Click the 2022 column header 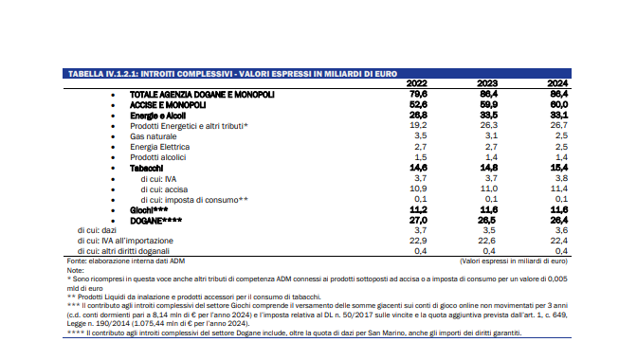point(417,83)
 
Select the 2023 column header point(487,83)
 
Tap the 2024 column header point(557,83)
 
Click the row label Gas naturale point(154,136)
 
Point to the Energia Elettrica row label point(159,147)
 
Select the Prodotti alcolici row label point(158,157)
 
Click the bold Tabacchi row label point(146,168)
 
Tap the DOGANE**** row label point(156,221)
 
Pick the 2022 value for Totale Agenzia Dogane point(418,94)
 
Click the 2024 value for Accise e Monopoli point(559,104)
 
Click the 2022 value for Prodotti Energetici point(418,125)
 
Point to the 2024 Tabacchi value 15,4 point(559,168)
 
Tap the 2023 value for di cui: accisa point(489,189)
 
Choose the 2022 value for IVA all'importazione point(418,241)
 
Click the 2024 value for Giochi point(559,209)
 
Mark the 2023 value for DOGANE point(489,221)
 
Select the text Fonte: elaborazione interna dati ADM point(126,261)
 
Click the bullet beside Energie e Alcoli point(113,117)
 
